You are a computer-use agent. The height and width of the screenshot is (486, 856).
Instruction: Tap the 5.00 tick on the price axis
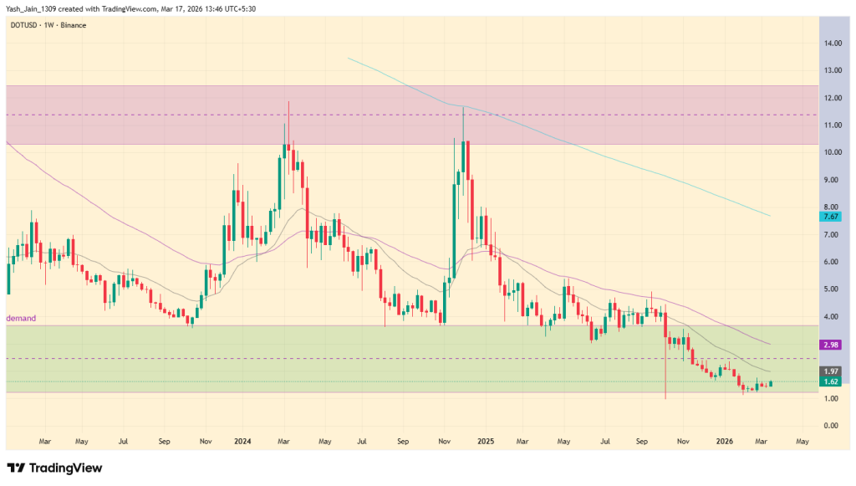tap(831, 289)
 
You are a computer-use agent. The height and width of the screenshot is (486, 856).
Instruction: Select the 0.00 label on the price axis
tap(831, 426)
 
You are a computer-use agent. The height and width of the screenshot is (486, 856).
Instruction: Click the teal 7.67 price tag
tap(831, 217)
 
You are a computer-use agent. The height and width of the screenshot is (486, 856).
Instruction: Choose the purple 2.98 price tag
tap(831, 345)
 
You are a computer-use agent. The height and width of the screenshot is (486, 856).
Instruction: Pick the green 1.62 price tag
tap(831, 382)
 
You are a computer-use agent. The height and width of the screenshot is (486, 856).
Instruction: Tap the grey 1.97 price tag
tap(831, 371)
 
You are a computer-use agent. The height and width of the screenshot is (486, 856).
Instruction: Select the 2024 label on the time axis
tap(243, 440)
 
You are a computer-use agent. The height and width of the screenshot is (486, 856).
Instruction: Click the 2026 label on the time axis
tap(726, 440)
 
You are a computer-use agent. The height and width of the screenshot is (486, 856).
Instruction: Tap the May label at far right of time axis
tap(802, 440)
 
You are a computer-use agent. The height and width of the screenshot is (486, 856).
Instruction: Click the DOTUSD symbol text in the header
tap(23, 25)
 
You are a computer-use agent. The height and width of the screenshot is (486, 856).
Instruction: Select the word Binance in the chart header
tap(73, 25)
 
